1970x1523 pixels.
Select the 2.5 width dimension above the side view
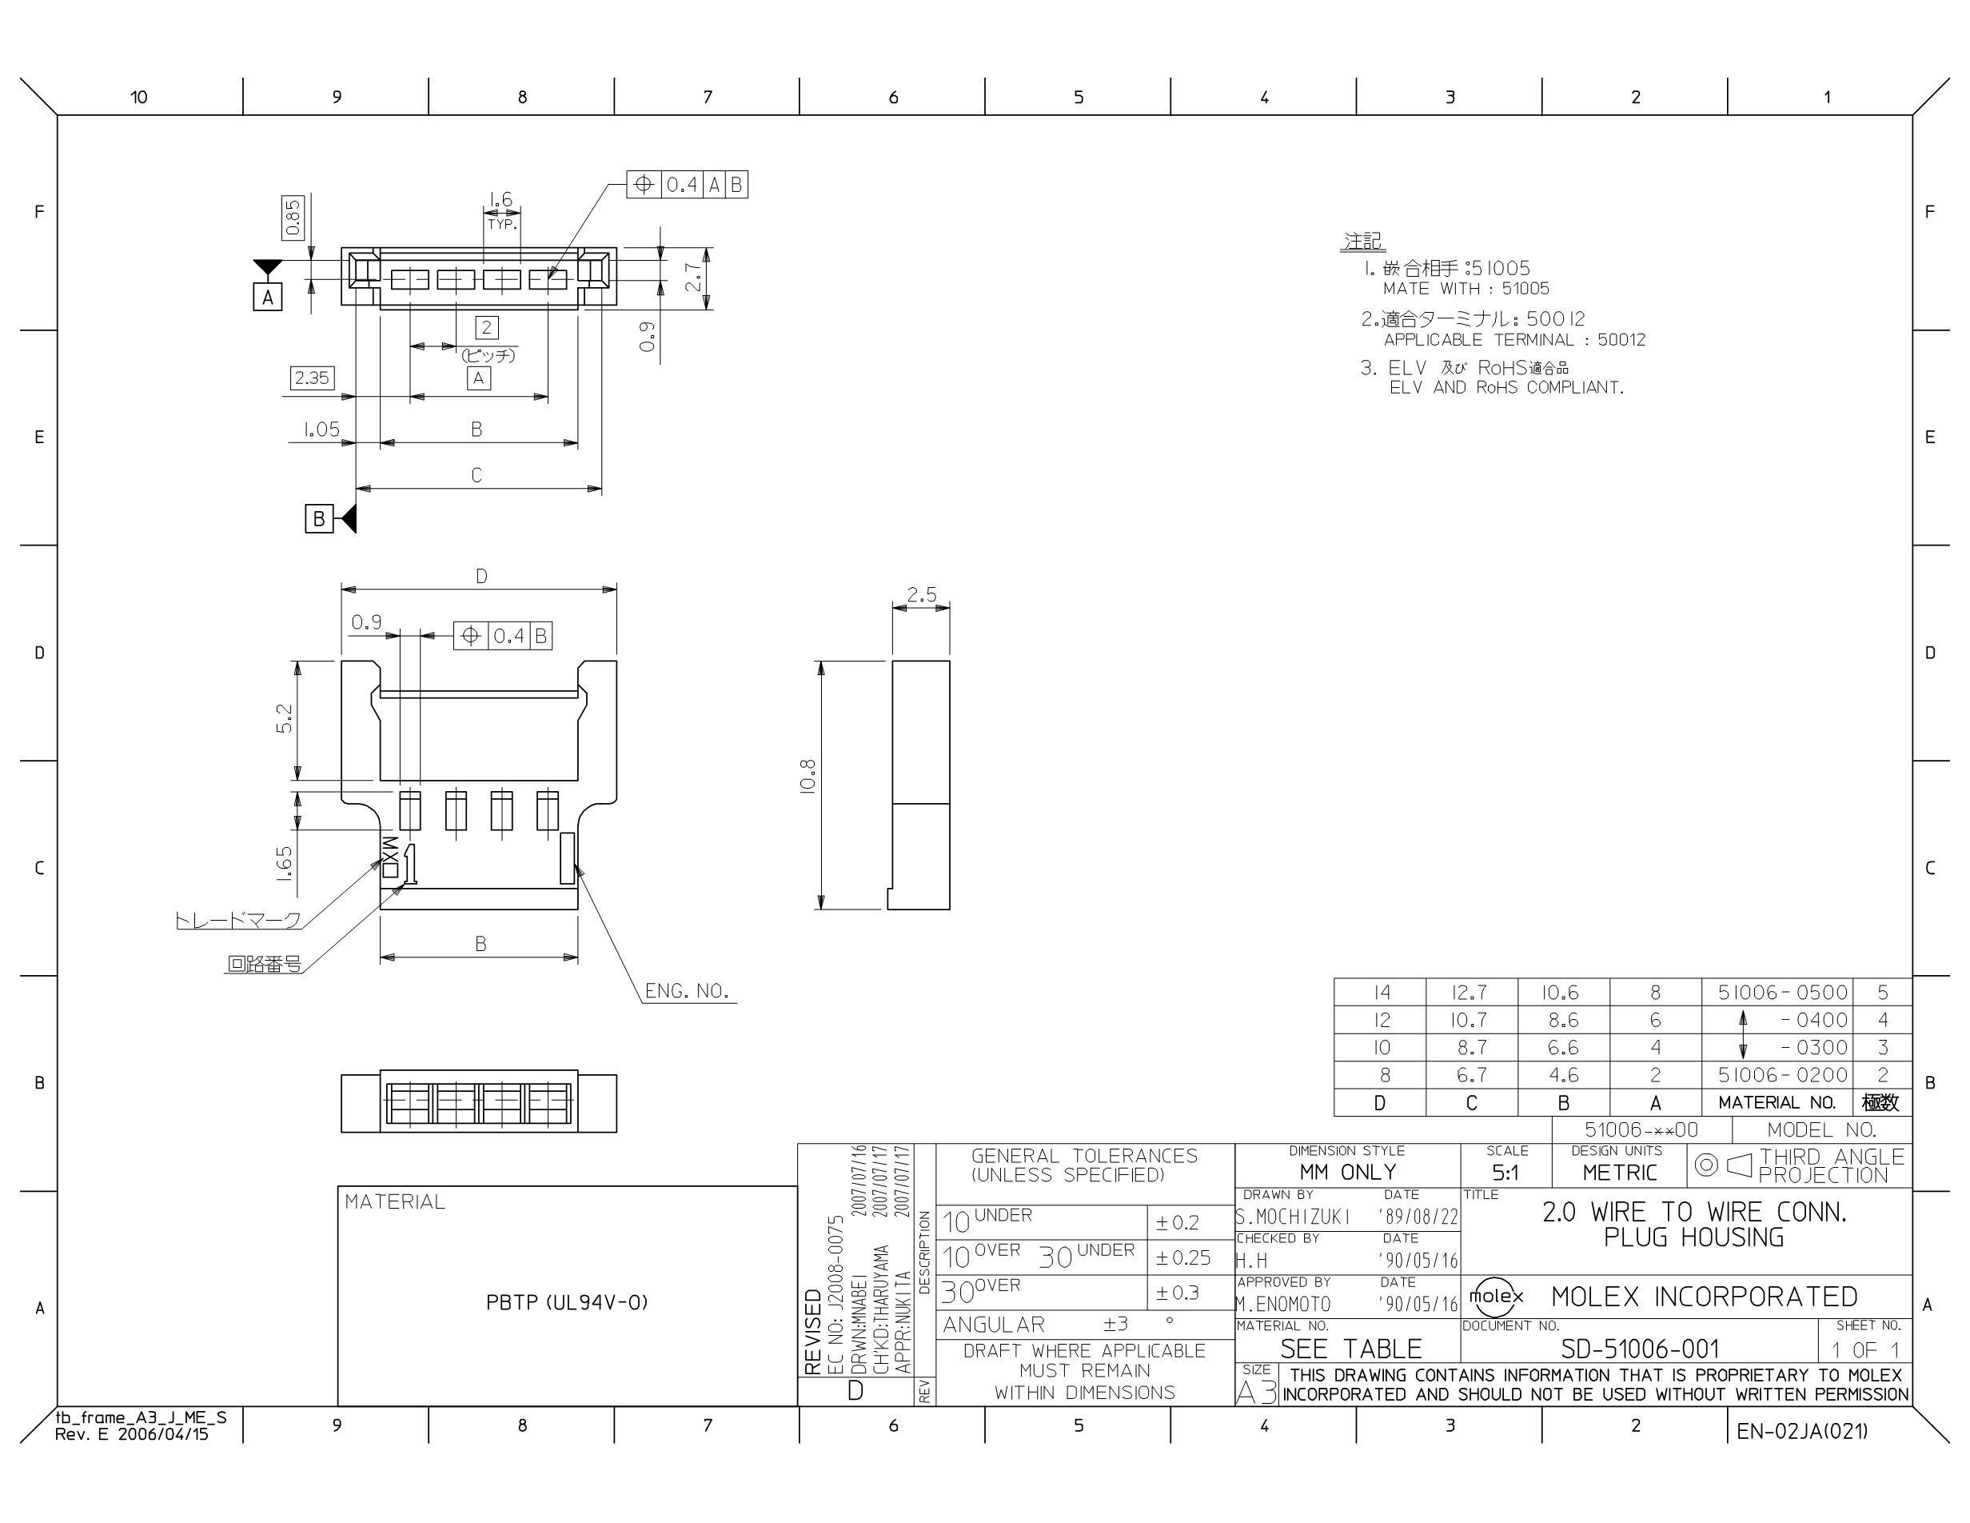click(x=922, y=595)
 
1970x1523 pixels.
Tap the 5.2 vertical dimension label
click(x=284, y=719)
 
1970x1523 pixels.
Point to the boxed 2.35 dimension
click(x=312, y=378)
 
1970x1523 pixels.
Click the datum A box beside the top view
click(x=267, y=297)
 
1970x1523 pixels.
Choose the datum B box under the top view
click(x=318, y=519)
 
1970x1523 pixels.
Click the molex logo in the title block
click(x=1497, y=1297)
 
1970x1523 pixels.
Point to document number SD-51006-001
click(x=1640, y=1349)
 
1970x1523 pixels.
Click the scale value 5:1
click(x=1505, y=1173)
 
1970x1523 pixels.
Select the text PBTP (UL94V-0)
click(x=568, y=1302)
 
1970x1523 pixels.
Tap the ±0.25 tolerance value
click(x=1183, y=1257)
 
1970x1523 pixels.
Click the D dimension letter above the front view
click(x=481, y=577)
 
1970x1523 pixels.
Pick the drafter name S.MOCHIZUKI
click(x=1293, y=1216)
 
